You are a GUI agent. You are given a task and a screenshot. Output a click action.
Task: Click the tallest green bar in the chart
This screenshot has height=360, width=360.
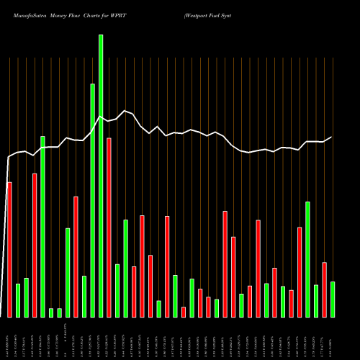point(101,176)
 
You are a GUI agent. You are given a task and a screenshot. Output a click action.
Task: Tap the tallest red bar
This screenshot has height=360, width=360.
point(109,227)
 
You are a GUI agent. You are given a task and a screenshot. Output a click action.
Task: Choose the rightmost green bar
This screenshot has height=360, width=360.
point(333,299)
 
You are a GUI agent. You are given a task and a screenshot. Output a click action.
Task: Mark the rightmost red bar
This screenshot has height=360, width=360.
point(324,289)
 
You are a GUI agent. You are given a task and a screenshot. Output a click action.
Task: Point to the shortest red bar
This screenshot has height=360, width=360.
point(184,312)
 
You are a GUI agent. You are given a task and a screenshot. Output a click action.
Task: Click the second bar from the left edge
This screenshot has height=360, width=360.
point(18,300)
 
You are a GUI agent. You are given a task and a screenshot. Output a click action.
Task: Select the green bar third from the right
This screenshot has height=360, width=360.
point(307,259)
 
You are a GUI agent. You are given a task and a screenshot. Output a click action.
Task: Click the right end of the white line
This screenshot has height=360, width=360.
point(332,137)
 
